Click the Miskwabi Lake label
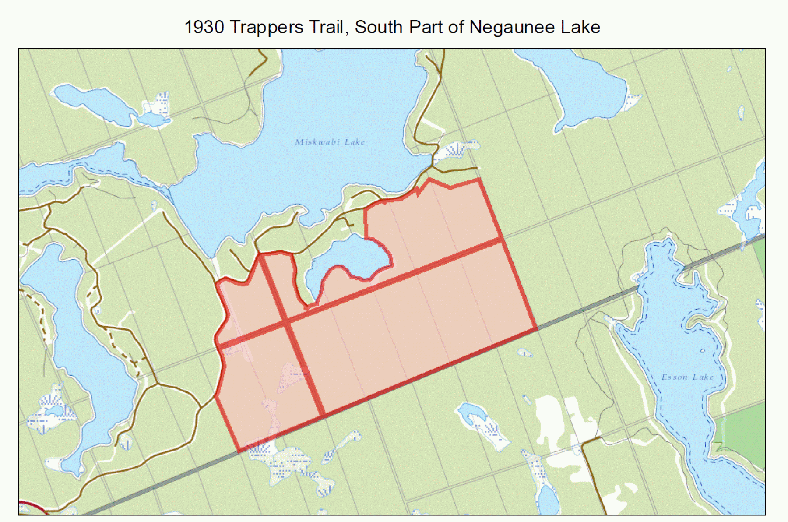pos(330,142)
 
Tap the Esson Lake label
pos(687,377)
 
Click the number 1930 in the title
pos(204,27)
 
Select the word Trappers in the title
pos(266,27)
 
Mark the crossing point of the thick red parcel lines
pos(286,323)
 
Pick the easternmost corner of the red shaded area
pos(536,328)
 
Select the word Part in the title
pos(427,27)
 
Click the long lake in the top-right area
pos(582,88)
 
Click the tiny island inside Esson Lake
pos(702,350)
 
